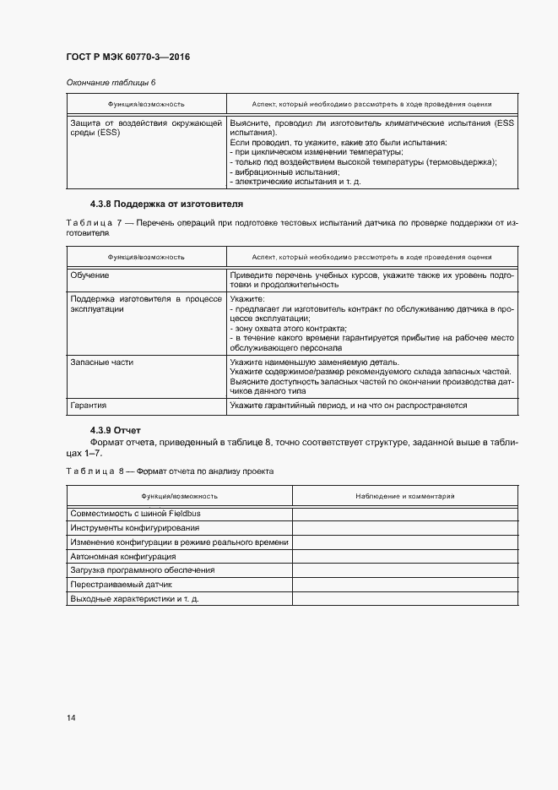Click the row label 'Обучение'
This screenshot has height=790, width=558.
90,275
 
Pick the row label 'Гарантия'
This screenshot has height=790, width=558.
89,406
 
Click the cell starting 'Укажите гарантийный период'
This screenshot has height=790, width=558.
348,406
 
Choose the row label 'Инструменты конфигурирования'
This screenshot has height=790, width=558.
135,528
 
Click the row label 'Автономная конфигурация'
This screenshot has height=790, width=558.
123,557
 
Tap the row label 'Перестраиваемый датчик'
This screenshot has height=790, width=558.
122,585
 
